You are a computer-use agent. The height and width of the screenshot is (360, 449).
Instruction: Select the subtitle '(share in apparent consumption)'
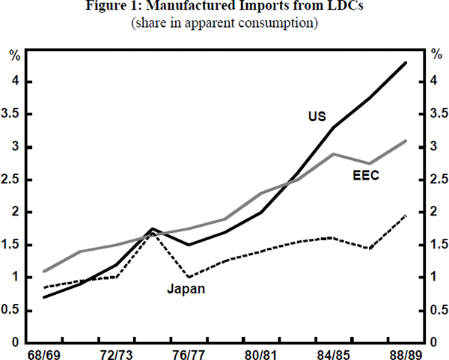point(224,24)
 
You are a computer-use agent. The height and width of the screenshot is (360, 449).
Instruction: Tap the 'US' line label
point(316,116)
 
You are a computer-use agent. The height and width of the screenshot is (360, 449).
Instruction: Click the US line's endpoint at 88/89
point(406,63)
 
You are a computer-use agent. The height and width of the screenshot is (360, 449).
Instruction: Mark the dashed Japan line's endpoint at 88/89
point(406,216)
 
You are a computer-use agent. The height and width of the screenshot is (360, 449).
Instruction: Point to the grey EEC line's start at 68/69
point(44,271)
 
